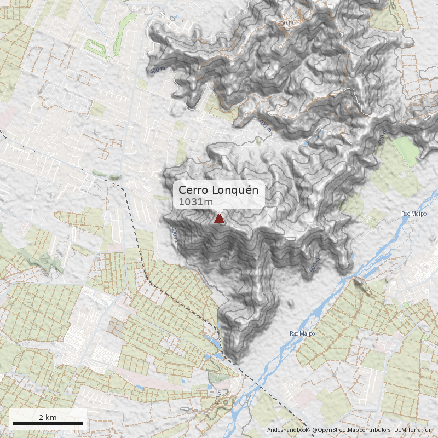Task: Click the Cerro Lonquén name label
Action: [218, 190]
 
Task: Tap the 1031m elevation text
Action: [195, 203]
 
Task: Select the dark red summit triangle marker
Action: [219, 219]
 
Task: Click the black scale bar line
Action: [48, 423]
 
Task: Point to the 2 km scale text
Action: [48, 417]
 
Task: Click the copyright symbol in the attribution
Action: [314, 431]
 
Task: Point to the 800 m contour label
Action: [285, 24]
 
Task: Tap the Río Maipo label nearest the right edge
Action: [414, 214]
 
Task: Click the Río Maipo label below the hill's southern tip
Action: [300, 333]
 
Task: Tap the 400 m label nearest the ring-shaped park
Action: [157, 71]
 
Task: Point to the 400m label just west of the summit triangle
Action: [175, 234]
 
